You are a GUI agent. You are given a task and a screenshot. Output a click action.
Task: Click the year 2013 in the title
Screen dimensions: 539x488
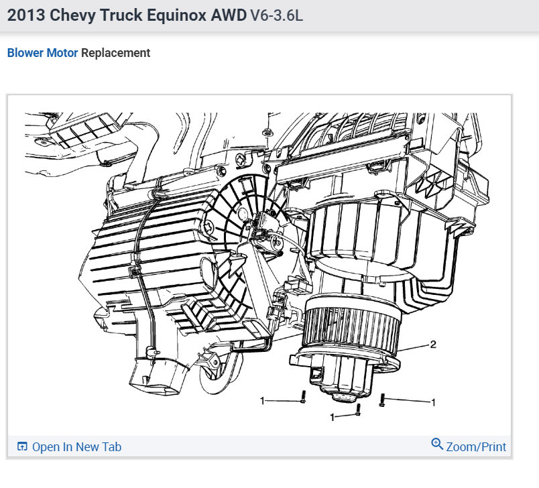(x=26, y=15)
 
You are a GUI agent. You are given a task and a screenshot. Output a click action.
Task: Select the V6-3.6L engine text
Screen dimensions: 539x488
(x=277, y=15)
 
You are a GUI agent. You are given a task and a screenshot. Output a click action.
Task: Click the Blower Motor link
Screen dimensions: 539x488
(x=43, y=53)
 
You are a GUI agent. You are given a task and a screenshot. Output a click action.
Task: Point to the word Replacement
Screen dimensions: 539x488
(x=115, y=53)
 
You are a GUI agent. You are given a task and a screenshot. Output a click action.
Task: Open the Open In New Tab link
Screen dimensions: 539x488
(x=76, y=446)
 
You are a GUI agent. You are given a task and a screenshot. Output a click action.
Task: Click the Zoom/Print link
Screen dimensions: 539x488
(x=476, y=446)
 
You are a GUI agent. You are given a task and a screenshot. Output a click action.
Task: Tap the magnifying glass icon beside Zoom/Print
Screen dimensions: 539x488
(x=437, y=444)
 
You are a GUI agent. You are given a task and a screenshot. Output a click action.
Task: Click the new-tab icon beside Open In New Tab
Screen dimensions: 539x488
(x=22, y=446)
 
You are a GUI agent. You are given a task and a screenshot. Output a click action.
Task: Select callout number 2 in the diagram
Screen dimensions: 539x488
(x=433, y=344)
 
